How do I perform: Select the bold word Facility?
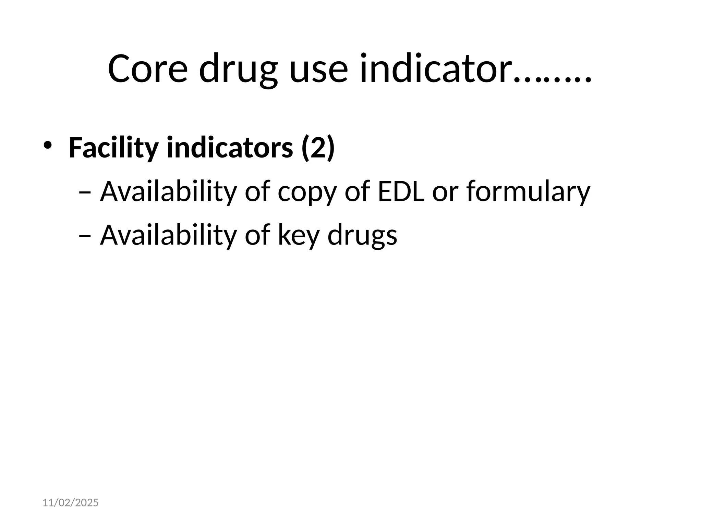point(113,148)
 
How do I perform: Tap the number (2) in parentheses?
point(317,148)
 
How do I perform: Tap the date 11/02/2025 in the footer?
point(71,503)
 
